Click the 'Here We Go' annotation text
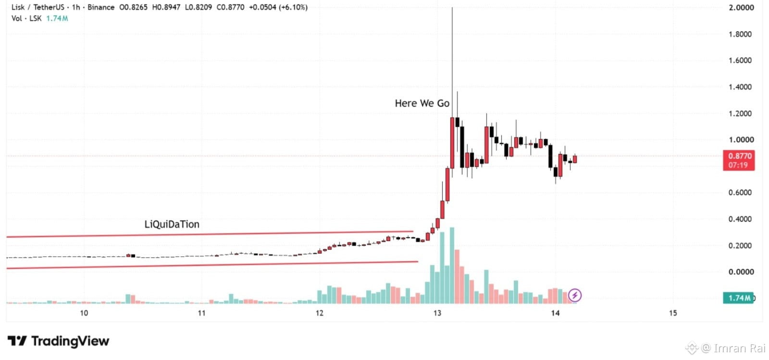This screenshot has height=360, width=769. pyautogui.click(x=422, y=103)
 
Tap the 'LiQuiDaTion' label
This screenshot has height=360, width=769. pyautogui.click(x=172, y=224)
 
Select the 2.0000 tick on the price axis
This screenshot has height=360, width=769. pyautogui.click(x=741, y=8)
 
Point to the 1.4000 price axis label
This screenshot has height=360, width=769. pyautogui.click(x=740, y=87)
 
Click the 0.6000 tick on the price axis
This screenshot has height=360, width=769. pyautogui.click(x=740, y=193)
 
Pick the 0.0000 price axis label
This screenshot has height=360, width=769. pyautogui.click(x=740, y=272)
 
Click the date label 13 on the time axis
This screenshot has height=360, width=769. pyautogui.click(x=437, y=313)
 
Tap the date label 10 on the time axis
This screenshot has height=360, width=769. pyautogui.click(x=84, y=313)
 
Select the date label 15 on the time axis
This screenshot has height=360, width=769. pyautogui.click(x=673, y=313)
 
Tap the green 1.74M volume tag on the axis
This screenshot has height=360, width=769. pyautogui.click(x=738, y=298)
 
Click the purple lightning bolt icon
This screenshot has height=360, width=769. pyautogui.click(x=575, y=295)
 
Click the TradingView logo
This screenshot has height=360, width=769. pyautogui.click(x=58, y=341)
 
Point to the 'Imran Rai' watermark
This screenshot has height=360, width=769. pyautogui.click(x=733, y=348)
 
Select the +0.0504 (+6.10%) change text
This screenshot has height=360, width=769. pyautogui.click(x=278, y=7)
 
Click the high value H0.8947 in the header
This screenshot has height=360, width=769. pyautogui.click(x=166, y=7)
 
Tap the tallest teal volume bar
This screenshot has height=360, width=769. pyautogui.click(x=452, y=265)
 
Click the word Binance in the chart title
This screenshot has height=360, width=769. pyautogui.click(x=101, y=7)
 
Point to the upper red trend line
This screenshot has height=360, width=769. pyautogui.click(x=210, y=234)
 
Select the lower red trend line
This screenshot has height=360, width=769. pyautogui.click(x=212, y=265)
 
